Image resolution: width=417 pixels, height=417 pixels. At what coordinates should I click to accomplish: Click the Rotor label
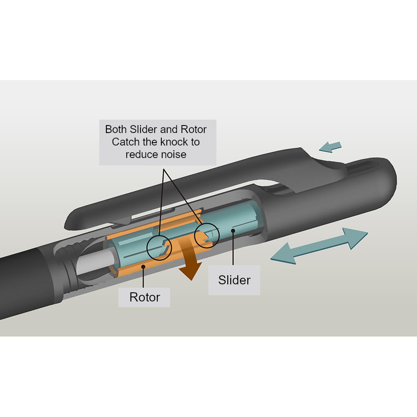pos(144,297)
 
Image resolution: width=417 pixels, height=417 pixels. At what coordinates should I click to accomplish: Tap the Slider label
pos(234,280)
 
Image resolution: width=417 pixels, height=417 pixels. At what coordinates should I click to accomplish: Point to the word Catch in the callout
pos(126,142)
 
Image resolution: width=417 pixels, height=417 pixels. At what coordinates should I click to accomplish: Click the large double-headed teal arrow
pos(319,246)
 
